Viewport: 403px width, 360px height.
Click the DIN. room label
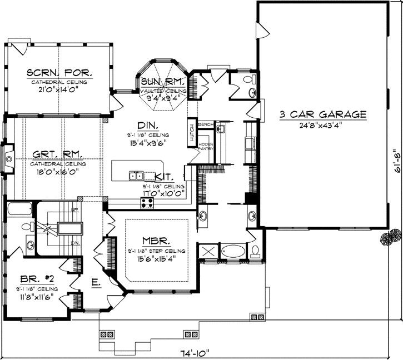[150, 125]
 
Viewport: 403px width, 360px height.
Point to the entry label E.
[96, 283]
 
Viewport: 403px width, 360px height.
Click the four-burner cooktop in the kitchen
[147, 202]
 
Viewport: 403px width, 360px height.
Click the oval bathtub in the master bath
[232, 251]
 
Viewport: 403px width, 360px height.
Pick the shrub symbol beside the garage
[391, 238]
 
